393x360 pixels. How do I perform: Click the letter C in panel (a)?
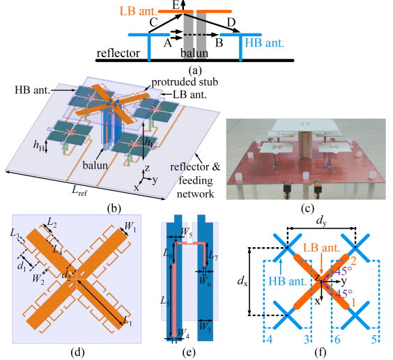(x=153, y=22)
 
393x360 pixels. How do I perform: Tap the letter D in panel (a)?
(x=231, y=22)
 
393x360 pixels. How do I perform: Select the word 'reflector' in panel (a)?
(x=118, y=53)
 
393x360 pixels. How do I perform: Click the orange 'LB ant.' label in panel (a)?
(x=139, y=11)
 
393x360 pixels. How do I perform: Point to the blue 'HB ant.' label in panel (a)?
(x=264, y=43)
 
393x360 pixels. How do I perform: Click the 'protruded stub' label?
(x=185, y=82)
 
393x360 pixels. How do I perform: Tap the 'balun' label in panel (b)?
(x=95, y=165)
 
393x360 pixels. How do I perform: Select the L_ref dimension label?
(x=79, y=191)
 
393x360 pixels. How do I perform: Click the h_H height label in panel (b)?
(x=39, y=146)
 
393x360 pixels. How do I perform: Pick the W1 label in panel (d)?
(x=130, y=227)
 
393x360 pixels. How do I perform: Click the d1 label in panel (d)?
(x=22, y=266)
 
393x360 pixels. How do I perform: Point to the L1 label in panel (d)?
(x=128, y=321)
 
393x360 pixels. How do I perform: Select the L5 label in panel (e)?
(x=165, y=300)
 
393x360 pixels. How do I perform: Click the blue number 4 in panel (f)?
(x=269, y=339)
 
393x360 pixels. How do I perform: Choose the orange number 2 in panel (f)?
(x=353, y=261)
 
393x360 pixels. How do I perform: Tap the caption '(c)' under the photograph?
(x=307, y=208)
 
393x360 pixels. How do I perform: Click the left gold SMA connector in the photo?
(x=287, y=190)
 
